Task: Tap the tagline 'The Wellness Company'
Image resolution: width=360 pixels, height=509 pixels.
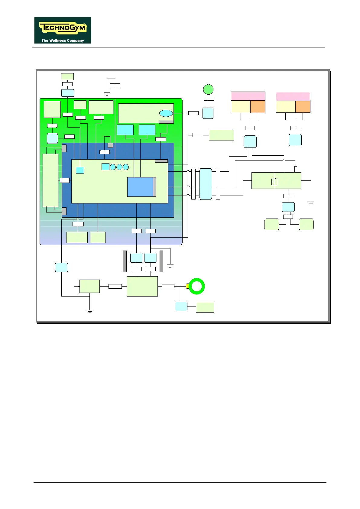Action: coord(63,41)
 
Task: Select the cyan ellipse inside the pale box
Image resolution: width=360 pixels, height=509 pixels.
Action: coord(166,113)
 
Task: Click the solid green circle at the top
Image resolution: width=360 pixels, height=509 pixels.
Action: coord(208,89)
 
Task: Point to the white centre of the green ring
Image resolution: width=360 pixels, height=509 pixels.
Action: coord(196,286)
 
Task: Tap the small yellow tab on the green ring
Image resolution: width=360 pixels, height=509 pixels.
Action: coord(187,286)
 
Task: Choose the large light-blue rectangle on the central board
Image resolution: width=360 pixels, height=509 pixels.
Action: coord(140,187)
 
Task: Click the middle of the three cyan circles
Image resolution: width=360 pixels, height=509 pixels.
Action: coord(119,167)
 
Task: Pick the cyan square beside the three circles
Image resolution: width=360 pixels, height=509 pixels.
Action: coord(105,167)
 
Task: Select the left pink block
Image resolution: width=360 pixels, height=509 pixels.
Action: coord(248,96)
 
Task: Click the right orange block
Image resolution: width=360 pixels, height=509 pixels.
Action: coord(303,106)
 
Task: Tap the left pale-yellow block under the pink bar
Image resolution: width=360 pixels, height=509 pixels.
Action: coord(241,106)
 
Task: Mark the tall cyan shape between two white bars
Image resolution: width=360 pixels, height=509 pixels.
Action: coord(206,184)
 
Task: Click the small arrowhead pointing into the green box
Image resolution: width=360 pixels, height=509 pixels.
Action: coord(78,286)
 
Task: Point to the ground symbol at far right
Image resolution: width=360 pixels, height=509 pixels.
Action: coord(310,203)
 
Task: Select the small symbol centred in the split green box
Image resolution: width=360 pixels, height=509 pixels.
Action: coord(275,182)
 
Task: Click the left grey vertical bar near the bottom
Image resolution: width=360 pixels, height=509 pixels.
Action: coord(125,261)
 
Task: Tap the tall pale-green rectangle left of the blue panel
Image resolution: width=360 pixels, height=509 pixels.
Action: coord(50,180)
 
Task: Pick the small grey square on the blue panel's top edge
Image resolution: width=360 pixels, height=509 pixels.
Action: coord(110,145)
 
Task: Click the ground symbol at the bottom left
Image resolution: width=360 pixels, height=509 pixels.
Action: coord(89,311)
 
